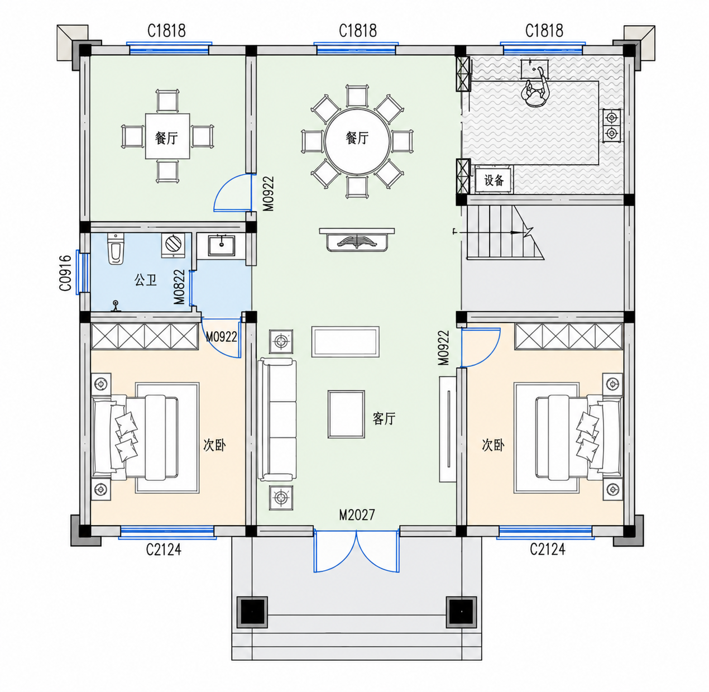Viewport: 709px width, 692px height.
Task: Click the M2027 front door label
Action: pyautogui.click(x=357, y=515)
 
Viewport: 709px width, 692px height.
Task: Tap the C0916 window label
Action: pyautogui.click(x=65, y=273)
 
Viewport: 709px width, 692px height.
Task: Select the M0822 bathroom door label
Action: pyautogui.click(x=179, y=287)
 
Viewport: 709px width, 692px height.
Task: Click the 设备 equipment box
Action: pyautogui.click(x=494, y=180)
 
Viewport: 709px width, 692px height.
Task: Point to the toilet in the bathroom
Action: pyautogui.click(x=116, y=249)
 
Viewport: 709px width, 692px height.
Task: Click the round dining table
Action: pyautogui.click(x=357, y=141)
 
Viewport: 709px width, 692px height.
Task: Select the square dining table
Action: pyautogui.click(x=167, y=136)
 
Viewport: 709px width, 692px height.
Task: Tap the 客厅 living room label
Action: pyautogui.click(x=384, y=419)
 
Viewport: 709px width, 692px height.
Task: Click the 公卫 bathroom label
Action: pyautogui.click(x=145, y=280)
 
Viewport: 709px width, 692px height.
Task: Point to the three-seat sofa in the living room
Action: pyautogui.click(x=277, y=419)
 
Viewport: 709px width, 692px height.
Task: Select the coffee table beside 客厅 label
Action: pyautogui.click(x=346, y=414)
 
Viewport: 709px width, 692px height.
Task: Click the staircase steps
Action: pyautogui.click(x=505, y=232)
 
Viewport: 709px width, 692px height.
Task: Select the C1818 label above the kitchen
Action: pyautogui.click(x=544, y=31)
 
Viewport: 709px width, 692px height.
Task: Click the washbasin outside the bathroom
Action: pyautogui.click(x=222, y=245)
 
